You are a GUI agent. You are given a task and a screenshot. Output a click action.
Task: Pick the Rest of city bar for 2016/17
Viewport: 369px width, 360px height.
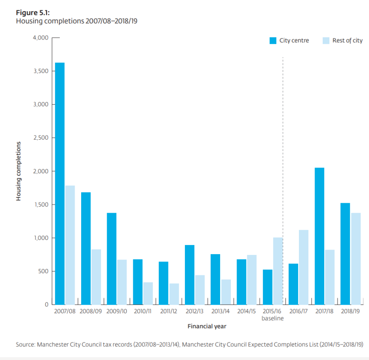point(303,267)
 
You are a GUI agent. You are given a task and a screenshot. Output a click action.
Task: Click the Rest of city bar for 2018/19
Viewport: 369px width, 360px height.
point(355,259)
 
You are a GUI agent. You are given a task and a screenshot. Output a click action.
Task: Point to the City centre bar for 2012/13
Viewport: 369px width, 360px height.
point(189,275)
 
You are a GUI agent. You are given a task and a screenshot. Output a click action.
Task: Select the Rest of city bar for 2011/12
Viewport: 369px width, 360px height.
point(174,294)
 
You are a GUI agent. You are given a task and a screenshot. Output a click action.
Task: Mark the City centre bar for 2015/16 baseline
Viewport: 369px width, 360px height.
point(267,287)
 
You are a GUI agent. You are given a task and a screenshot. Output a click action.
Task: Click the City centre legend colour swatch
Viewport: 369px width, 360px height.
point(273,40)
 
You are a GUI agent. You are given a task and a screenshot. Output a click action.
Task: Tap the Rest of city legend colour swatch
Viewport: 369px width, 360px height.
point(326,40)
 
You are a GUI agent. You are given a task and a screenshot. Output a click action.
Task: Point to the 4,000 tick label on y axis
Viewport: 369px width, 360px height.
point(40,38)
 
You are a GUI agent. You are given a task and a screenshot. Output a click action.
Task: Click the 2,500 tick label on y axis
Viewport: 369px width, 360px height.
point(40,138)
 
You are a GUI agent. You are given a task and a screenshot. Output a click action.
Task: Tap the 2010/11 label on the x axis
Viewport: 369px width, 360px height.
point(142,312)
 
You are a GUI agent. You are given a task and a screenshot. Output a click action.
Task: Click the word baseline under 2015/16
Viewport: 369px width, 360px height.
point(272,319)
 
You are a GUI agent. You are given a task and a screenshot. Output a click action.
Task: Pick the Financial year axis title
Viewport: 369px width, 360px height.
point(207,327)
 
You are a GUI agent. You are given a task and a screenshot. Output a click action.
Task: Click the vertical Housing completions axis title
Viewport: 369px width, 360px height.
point(18,171)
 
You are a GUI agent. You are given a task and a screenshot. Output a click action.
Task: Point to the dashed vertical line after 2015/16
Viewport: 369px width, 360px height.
point(283,164)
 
